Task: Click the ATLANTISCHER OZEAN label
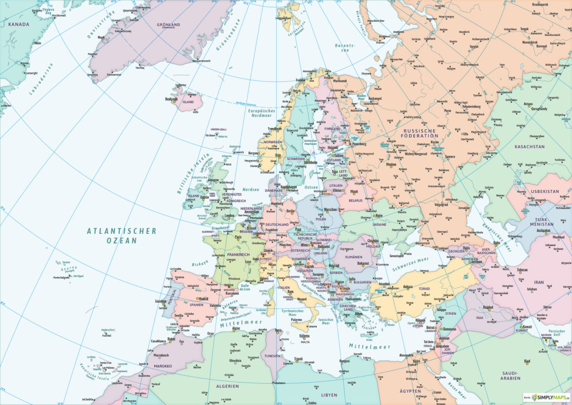point(121,235)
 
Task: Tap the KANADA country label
point(15,24)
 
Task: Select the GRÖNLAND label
point(169,24)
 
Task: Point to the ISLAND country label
point(188,102)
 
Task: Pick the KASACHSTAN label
point(529,147)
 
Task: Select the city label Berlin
point(290,211)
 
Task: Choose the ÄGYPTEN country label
point(409,391)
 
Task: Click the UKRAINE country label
point(379,224)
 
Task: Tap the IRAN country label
point(539,282)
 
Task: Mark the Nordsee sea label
point(251,189)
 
